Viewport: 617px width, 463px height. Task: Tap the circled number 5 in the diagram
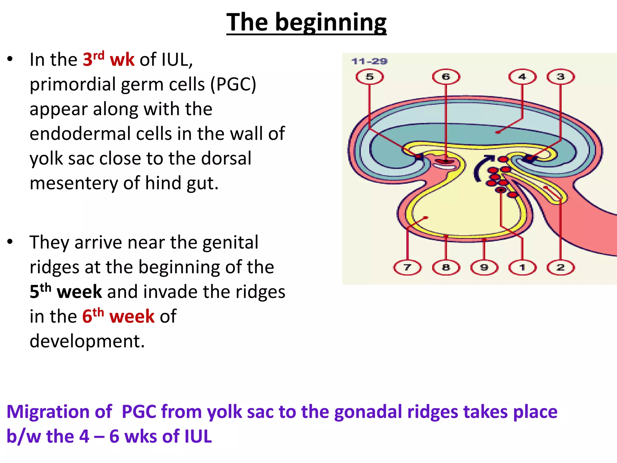point(370,77)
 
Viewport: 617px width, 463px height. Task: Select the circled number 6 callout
point(446,77)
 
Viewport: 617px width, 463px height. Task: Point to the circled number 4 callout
point(522,77)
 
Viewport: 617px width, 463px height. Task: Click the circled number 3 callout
point(560,77)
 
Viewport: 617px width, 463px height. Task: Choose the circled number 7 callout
point(407,267)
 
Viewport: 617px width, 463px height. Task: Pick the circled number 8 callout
point(446,267)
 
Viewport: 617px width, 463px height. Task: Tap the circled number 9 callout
point(484,267)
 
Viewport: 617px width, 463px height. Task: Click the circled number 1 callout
point(522,267)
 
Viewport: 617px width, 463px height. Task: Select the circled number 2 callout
point(560,267)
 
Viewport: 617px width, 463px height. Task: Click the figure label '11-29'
point(369,61)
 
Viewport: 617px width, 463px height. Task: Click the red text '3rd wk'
point(108,59)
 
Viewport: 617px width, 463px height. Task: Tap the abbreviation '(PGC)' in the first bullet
point(233,84)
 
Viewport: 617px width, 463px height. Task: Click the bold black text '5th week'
point(66,291)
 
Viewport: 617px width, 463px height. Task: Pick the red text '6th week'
point(118,316)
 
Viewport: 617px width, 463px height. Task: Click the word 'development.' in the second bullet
point(87,341)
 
